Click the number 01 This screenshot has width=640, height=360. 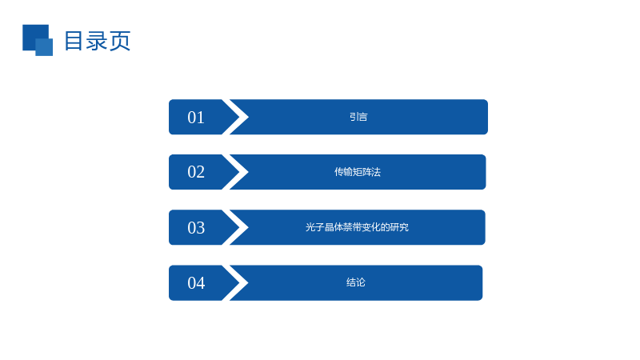pyautogui.click(x=196, y=118)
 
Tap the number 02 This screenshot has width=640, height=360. pyautogui.click(x=196, y=172)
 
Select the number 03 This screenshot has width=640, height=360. pyautogui.click(x=196, y=228)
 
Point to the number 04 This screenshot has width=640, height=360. pyautogui.click(x=196, y=283)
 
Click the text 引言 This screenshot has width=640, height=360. pyautogui.click(x=358, y=117)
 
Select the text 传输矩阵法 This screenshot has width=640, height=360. pyautogui.click(x=358, y=172)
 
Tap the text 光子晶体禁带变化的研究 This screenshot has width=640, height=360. pyautogui.click(x=357, y=227)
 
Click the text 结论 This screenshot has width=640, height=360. pyautogui.click(x=355, y=282)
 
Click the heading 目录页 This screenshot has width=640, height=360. pyautogui.click(x=98, y=41)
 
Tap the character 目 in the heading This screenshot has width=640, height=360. pyautogui.click(x=74, y=41)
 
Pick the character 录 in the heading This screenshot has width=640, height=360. pyautogui.click(x=97, y=41)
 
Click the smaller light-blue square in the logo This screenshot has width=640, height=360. pyautogui.click(x=44, y=47)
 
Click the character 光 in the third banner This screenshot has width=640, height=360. pyautogui.click(x=310, y=227)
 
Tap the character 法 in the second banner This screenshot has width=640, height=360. pyautogui.click(x=376, y=172)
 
